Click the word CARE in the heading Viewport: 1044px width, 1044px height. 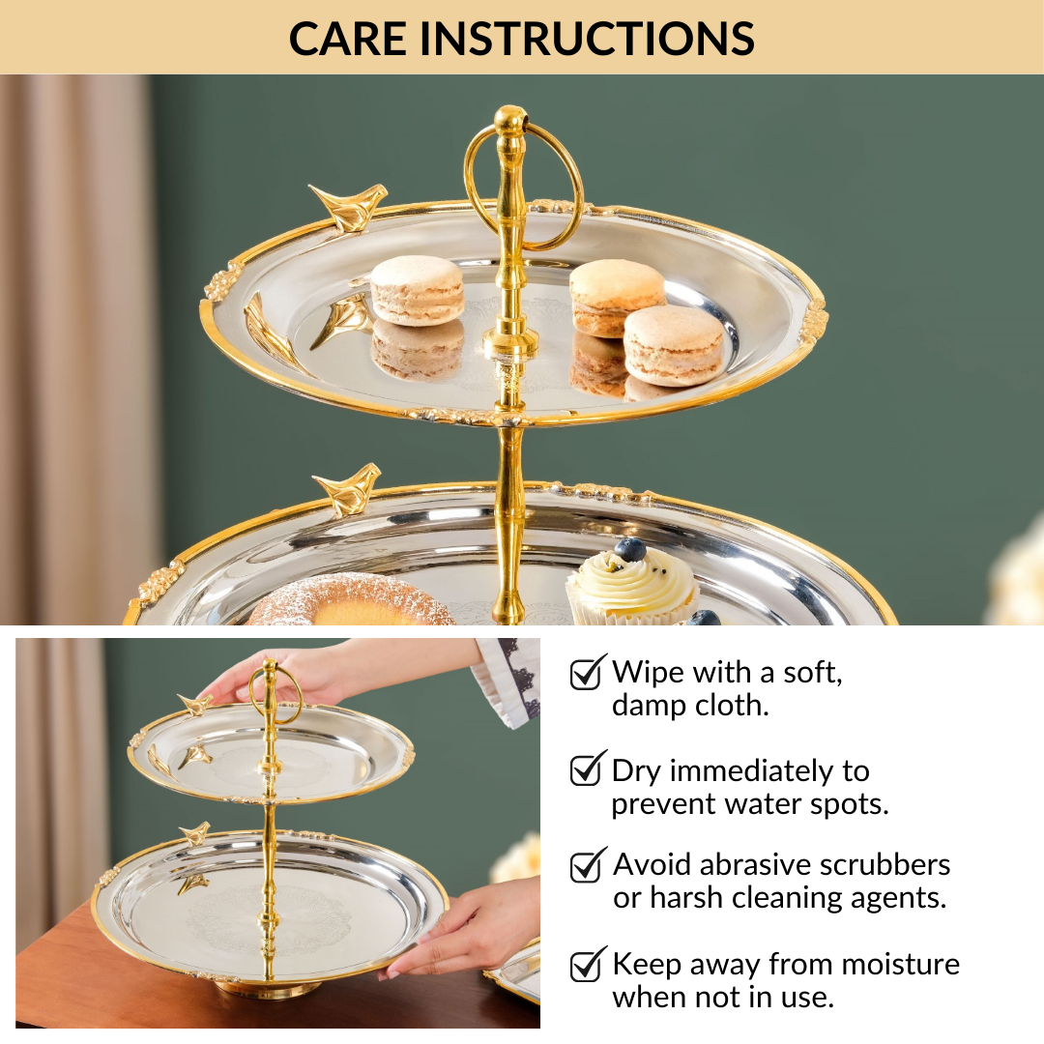click(348, 38)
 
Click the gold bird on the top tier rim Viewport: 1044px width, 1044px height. click(348, 206)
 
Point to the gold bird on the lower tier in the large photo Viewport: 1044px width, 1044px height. click(347, 489)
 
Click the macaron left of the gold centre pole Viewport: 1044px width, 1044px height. click(418, 290)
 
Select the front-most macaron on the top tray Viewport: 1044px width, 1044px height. click(673, 345)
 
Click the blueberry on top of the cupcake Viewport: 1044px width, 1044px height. click(630, 549)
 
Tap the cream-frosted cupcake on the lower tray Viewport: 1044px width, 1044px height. click(632, 586)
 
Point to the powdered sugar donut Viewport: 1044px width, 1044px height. click(351, 601)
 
